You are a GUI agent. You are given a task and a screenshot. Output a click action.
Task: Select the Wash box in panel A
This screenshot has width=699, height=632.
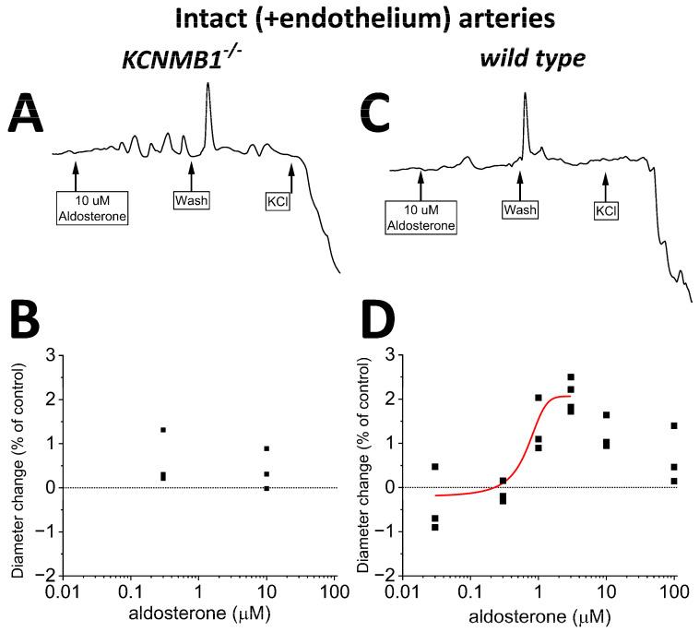(191, 199)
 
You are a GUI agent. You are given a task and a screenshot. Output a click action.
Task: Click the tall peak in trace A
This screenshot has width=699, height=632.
(207, 86)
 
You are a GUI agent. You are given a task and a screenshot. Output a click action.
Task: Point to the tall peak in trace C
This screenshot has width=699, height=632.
(525, 95)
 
